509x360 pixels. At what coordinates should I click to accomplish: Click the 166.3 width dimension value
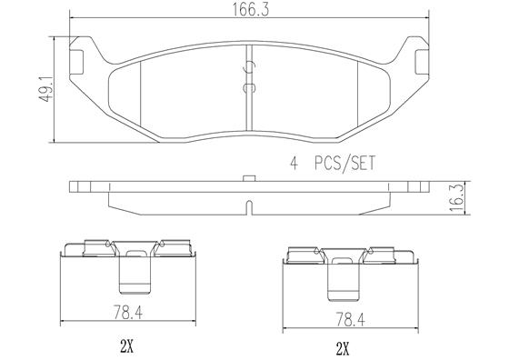coord(250,9)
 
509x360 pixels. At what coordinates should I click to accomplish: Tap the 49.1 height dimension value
coord(45,90)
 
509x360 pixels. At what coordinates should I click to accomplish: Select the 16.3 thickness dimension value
coord(456,197)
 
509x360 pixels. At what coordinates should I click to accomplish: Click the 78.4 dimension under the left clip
coord(127,313)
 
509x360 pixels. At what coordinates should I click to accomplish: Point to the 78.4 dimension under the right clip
coord(350,319)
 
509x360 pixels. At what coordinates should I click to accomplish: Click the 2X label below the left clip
coord(126,347)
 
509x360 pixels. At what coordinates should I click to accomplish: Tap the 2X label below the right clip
coord(344,349)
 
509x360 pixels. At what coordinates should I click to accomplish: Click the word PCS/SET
coord(344,163)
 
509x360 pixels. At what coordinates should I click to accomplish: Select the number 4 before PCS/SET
coord(294,164)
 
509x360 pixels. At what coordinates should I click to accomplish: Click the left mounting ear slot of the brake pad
coord(76,62)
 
